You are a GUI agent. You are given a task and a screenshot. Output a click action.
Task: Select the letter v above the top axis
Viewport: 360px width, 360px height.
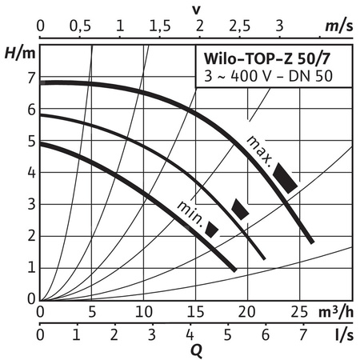click(x=196, y=8)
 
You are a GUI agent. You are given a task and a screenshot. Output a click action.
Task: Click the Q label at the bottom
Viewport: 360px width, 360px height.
click(x=196, y=349)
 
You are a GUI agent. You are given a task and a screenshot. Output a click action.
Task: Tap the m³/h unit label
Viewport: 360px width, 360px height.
click(x=337, y=310)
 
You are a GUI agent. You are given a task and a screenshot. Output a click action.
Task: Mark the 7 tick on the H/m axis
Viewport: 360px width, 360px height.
click(x=32, y=78)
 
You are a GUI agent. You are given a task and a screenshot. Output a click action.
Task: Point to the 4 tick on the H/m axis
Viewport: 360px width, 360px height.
click(x=32, y=173)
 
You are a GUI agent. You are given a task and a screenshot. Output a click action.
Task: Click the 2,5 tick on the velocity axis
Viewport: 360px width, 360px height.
click(x=239, y=26)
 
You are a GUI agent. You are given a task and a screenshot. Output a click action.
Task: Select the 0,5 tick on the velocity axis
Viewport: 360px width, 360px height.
click(x=80, y=26)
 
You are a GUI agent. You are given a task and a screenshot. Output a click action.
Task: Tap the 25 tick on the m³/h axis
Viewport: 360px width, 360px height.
click(x=298, y=310)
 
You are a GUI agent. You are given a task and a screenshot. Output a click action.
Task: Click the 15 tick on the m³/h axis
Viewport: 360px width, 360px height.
click(x=194, y=310)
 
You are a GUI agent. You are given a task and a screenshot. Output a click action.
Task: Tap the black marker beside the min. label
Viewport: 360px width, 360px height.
click(x=212, y=229)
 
